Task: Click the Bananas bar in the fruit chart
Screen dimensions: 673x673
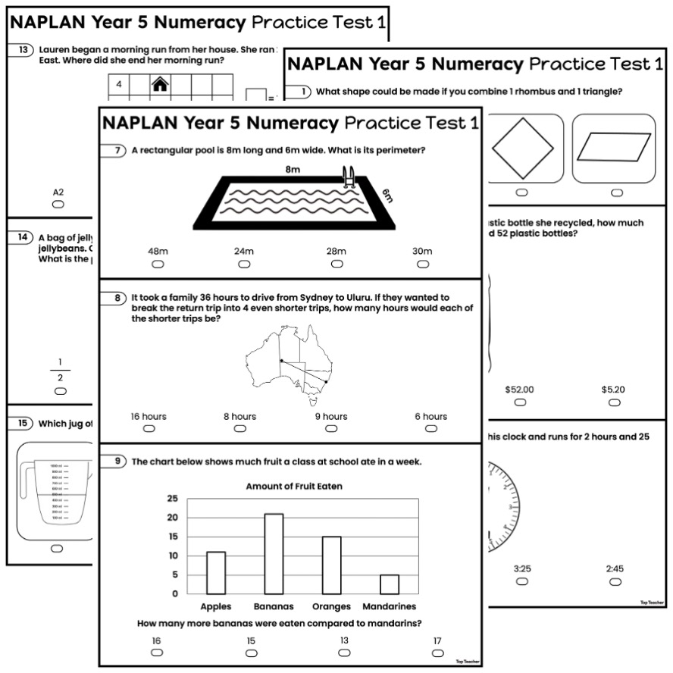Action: pyautogui.click(x=274, y=553)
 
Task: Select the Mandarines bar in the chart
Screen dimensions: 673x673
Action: pyautogui.click(x=389, y=584)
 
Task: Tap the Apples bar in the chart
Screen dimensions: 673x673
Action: pyautogui.click(x=216, y=572)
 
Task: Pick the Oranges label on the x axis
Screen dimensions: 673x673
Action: pyautogui.click(x=332, y=606)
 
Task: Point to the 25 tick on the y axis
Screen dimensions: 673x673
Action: pyautogui.click(x=173, y=499)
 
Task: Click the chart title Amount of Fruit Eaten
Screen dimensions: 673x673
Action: pyautogui.click(x=294, y=486)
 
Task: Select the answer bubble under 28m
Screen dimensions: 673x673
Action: pyautogui.click(x=336, y=264)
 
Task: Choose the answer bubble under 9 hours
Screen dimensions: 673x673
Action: pyautogui.click(x=331, y=428)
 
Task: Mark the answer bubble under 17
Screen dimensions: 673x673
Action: pyautogui.click(x=437, y=653)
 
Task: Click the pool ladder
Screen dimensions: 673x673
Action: pyautogui.click(x=349, y=176)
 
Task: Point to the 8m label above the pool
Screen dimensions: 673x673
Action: pyautogui.click(x=293, y=170)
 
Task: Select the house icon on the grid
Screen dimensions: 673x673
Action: pyautogui.click(x=159, y=84)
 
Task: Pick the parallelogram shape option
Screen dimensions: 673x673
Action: pyautogui.click(x=613, y=148)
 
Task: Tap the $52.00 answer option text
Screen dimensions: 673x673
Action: pyautogui.click(x=519, y=390)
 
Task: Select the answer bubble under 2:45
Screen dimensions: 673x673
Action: pyautogui.click(x=615, y=581)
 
